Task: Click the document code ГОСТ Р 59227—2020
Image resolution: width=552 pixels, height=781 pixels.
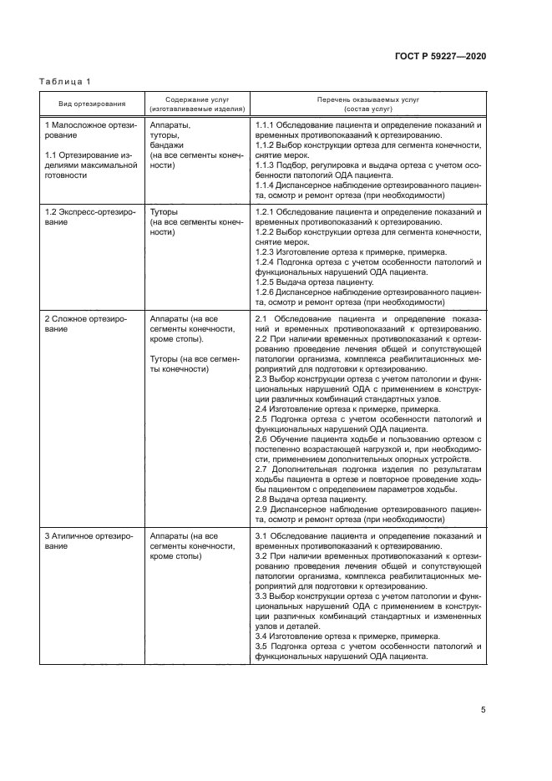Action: click(x=440, y=55)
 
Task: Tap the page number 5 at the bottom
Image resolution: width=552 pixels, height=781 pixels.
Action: click(x=484, y=711)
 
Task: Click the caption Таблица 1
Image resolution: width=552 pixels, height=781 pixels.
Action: click(x=65, y=81)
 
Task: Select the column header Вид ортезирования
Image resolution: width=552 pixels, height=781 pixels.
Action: click(x=92, y=104)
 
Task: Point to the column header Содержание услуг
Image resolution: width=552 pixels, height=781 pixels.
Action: click(x=197, y=99)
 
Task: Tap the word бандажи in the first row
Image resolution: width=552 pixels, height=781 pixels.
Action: click(x=166, y=145)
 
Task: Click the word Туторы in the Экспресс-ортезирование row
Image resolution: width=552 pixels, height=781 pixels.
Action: click(x=164, y=212)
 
